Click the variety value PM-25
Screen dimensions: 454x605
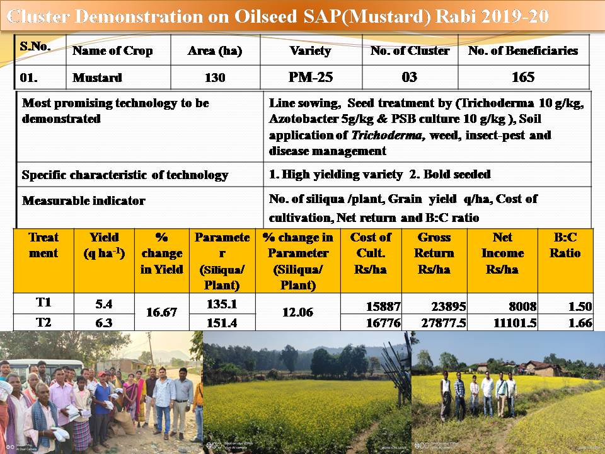pos(310,78)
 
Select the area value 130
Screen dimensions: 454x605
pos(215,78)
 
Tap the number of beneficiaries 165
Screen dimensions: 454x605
pos(523,78)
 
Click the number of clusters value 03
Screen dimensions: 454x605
pos(410,78)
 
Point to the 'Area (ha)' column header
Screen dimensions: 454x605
pos(215,51)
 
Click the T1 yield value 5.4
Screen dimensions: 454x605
pos(103,304)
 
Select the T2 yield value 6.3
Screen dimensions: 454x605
pos(103,323)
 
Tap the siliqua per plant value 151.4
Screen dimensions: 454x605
pos(222,323)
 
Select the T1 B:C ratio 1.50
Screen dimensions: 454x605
pos(580,307)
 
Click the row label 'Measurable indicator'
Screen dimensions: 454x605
pos(84,201)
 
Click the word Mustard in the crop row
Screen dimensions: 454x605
pos(97,78)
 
